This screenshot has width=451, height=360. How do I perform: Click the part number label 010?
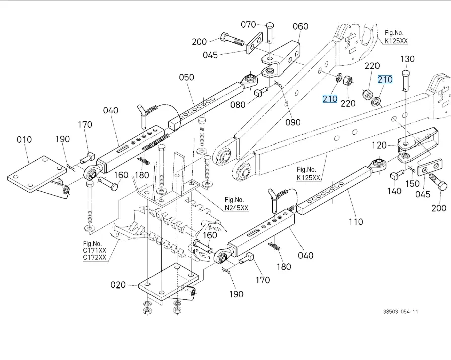pos(24,139)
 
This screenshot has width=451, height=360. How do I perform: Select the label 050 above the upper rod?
pos(186,77)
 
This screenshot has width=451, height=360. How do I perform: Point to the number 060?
pos(300,27)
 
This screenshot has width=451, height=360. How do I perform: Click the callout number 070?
pos(248,24)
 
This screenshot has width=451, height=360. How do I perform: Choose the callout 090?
pos(293,122)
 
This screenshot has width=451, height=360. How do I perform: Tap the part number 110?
pos(355,221)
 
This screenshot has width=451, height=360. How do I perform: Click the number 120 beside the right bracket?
pos(379,146)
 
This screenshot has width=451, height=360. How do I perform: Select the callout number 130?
pos(408,59)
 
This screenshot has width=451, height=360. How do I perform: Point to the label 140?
pos(394,191)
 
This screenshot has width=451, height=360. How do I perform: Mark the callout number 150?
pos(412,185)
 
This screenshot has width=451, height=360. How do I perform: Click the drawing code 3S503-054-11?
pos(400,312)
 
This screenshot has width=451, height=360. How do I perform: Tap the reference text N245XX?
pos(237,207)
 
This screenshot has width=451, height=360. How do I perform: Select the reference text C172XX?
pos(95,258)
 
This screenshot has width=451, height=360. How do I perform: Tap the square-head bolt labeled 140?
pos(395,176)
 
